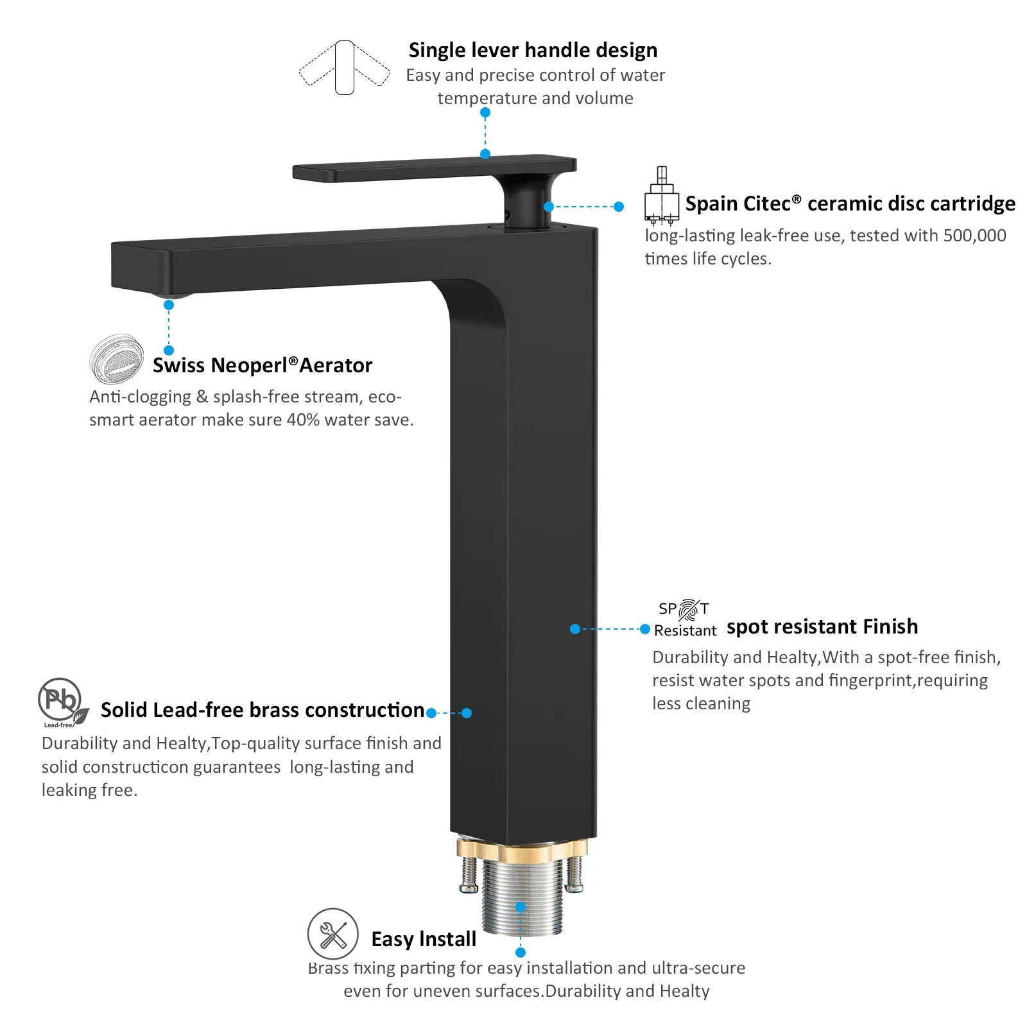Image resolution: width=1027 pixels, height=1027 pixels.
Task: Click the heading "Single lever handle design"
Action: click(533, 50)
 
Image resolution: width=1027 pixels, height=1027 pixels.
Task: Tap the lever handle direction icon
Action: click(345, 67)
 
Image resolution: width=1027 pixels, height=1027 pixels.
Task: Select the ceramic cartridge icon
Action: click(661, 196)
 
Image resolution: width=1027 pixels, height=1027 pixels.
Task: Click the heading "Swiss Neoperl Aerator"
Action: click(262, 365)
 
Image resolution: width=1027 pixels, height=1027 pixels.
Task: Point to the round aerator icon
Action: click(116, 358)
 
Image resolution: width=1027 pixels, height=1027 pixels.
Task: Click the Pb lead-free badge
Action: click(62, 703)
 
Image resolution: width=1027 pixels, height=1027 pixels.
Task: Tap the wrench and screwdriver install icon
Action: click(332, 934)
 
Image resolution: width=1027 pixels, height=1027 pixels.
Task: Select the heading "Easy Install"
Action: click(424, 939)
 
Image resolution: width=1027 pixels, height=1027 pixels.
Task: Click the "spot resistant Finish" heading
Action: click(822, 626)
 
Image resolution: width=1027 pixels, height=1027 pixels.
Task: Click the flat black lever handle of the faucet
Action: click(434, 168)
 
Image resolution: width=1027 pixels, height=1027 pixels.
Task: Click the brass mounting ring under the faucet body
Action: click(522, 850)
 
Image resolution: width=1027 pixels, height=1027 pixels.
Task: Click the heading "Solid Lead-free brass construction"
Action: click(263, 710)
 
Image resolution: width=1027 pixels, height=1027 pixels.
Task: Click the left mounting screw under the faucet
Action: click(469, 874)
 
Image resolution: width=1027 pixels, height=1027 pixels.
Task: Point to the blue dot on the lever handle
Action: click(485, 154)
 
